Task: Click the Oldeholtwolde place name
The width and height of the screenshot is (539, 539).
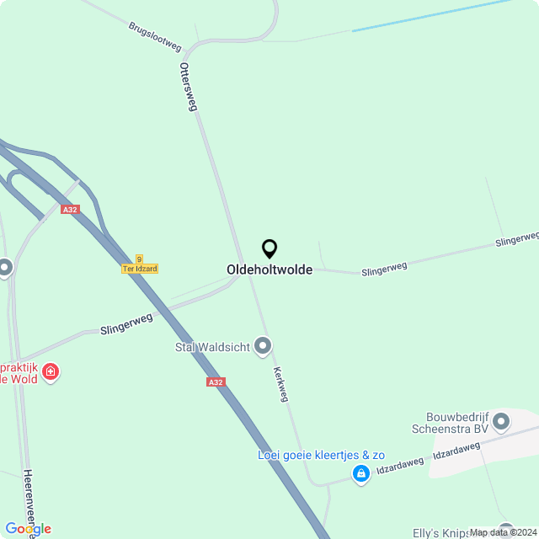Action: tap(269, 269)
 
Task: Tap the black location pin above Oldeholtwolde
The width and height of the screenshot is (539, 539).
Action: tap(269, 249)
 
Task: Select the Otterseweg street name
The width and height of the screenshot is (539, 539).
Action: tap(189, 87)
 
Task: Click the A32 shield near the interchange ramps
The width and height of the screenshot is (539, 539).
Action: tap(71, 209)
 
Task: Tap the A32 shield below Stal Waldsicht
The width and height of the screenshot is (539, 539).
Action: tap(216, 382)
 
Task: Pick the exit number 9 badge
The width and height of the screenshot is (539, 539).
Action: tap(139, 259)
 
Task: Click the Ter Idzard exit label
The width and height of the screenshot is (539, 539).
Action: tap(140, 269)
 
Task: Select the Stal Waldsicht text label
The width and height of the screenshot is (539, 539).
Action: tap(212, 347)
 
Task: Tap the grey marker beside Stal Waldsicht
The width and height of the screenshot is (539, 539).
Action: tap(264, 345)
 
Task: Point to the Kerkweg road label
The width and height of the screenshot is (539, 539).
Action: tap(280, 384)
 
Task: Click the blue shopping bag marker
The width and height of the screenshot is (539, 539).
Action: tap(361, 474)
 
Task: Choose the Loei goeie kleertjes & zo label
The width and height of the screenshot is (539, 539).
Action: tap(321, 455)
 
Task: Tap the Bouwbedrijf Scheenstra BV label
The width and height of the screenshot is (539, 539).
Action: tap(457, 422)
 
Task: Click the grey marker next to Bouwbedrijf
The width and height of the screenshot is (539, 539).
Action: tap(502, 421)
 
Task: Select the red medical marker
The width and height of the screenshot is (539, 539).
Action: tap(51, 371)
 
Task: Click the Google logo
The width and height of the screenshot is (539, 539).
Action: tap(28, 528)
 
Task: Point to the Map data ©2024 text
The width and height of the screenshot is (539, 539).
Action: tap(503, 532)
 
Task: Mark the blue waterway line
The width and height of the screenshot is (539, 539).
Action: tap(430, 16)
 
